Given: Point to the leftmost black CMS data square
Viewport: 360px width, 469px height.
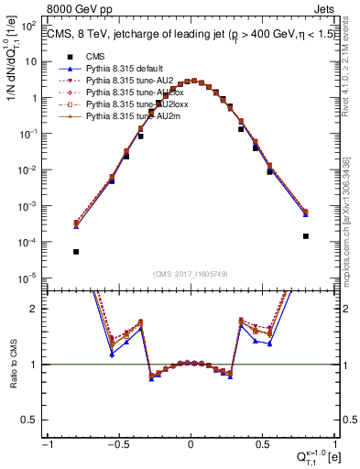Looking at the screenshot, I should [76, 252].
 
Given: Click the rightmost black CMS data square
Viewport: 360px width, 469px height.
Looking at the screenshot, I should [305, 235].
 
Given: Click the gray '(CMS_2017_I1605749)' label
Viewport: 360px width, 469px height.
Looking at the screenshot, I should [191, 274].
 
